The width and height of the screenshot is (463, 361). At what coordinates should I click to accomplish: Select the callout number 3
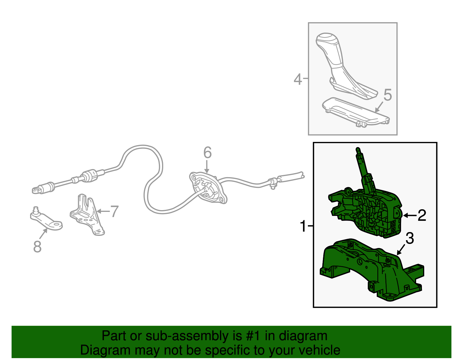410,238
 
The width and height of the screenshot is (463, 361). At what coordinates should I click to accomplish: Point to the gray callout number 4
298,79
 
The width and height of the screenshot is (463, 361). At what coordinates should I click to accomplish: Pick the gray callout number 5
387,95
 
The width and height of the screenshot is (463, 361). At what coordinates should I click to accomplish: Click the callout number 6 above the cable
207,152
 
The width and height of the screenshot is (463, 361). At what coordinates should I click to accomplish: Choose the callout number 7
114,211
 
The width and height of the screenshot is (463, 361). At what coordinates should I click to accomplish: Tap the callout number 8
37,247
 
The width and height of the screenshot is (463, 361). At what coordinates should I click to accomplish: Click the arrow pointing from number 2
410,215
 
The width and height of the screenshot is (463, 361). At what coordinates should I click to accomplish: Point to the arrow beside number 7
103,211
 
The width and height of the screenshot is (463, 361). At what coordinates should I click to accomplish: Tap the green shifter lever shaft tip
358,149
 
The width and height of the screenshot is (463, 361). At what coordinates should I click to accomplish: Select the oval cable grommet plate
208,188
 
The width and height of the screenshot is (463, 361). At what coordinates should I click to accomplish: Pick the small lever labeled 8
46,220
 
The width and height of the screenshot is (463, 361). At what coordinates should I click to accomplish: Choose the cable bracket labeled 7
87,214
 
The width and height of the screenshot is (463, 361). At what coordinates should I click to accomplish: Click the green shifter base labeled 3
372,270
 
